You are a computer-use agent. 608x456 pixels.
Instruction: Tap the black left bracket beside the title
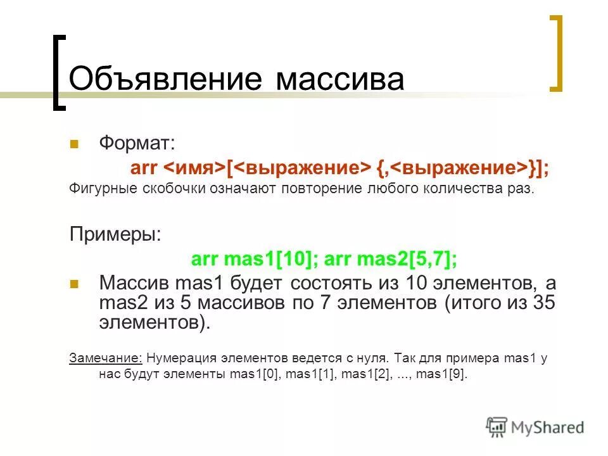58,73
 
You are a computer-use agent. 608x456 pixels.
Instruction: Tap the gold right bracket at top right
555,54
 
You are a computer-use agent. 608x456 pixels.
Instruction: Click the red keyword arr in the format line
144,167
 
